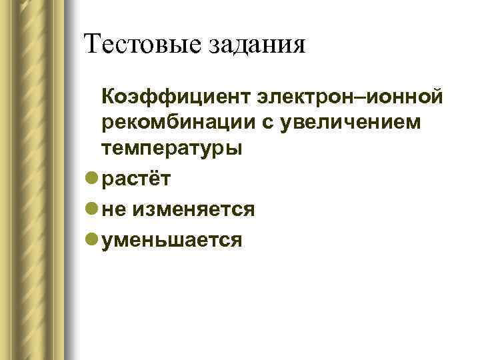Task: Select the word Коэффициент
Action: pyautogui.click(x=175, y=99)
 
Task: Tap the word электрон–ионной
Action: pyautogui.click(x=347, y=99)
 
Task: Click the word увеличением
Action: pyautogui.click(x=359, y=123)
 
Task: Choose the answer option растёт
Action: pyautogui.click(x=137, y=179)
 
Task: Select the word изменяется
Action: pyautogui.click(x=195, y=209)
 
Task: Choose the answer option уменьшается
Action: pyautogui.click(x=172, y=240)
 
